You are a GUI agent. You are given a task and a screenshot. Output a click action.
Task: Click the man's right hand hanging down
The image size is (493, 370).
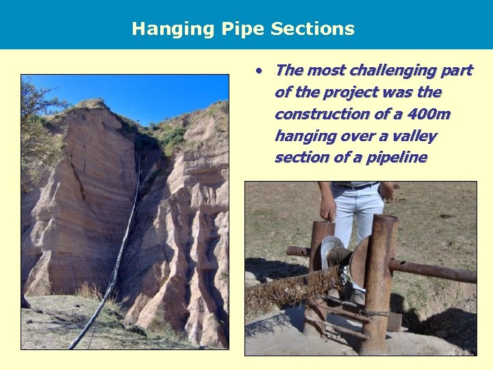tap(329, 209)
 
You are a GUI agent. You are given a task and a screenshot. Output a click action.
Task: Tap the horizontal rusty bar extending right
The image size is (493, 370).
tap(438, 271)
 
